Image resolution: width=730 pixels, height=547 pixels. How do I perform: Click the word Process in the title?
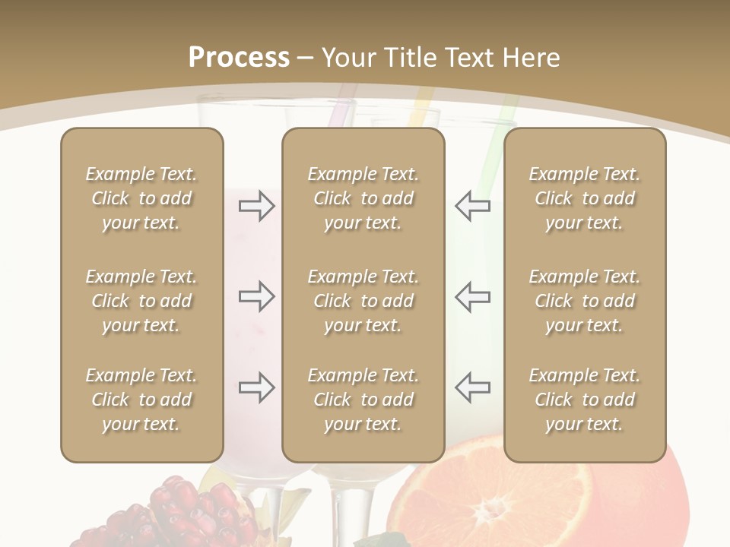(x=239, y=58)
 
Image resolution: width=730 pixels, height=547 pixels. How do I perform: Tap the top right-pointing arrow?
(x=256, y=206)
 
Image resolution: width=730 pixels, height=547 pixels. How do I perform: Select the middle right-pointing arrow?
(x=256, y=296)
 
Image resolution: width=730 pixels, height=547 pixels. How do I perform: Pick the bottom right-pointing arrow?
(x=256, y=387)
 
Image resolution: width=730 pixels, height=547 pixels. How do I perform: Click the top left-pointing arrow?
(x=472, y=206)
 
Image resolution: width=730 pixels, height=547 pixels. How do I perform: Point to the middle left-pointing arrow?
(x=472, y=296)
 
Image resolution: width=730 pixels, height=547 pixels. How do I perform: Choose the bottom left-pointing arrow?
(x=472, y=387)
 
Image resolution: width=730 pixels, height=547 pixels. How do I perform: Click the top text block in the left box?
(x=141, y=198)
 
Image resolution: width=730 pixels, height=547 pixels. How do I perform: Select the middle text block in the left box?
(x=141, y=301)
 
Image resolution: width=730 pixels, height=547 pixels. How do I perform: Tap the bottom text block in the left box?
(x=141, y=400)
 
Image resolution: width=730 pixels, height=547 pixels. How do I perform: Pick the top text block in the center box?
(x=363, y=198)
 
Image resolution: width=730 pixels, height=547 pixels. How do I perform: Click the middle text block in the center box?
(x=363, y=301)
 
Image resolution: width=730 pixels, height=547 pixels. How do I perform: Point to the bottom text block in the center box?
(x=363, y=400)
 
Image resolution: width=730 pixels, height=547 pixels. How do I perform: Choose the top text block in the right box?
(x=584, y=198)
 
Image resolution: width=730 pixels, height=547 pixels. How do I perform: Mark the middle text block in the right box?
(x=584, y=301)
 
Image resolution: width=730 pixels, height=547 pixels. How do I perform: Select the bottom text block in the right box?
(x=584, y=400)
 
